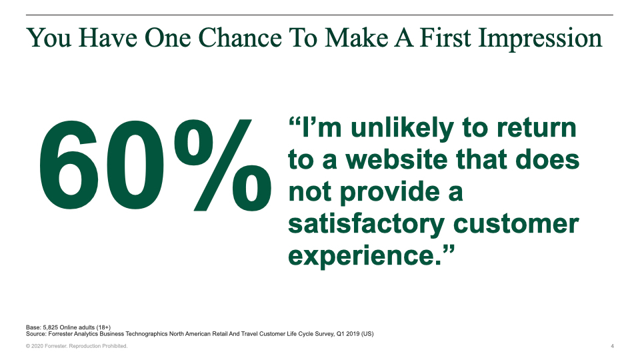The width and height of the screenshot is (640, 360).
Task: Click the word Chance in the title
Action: point(240,37)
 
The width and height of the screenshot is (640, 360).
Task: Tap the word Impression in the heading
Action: point(539,39)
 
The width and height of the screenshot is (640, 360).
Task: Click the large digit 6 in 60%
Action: point(68,165)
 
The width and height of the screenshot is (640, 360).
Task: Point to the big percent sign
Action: point(223,165)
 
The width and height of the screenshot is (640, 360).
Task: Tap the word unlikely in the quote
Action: point(402,129)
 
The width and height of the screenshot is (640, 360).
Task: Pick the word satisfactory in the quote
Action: point(366,224)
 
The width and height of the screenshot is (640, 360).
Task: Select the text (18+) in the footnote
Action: point(103,327)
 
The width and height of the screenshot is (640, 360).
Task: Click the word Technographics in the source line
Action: point(147,334)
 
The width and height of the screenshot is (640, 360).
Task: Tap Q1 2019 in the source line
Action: point(348,334)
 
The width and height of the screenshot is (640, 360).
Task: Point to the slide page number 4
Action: point(612,346)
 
